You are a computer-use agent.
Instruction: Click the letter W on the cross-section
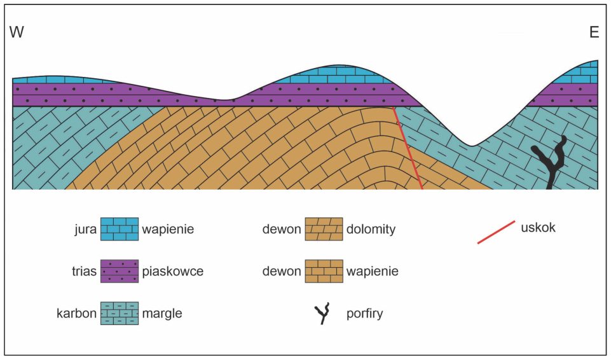(x=17, y=32)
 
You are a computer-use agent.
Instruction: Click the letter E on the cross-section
(x=594, y=32)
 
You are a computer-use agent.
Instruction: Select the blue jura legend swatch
(x=120, y=229)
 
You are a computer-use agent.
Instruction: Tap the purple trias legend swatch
(x=120, y=271)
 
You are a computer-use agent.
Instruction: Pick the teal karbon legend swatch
(x=120, y=313)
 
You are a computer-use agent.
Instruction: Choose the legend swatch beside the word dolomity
(x=324, y=229)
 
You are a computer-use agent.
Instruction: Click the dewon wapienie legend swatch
(x=324, y=271)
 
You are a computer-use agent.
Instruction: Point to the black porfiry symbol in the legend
(x=322, y=313)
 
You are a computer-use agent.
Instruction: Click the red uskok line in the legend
(x=496, y=232)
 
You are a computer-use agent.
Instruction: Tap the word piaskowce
(x=173, y=271)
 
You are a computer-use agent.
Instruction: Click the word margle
(x=161, y=313)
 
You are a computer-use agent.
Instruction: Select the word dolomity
(x=371, y=229)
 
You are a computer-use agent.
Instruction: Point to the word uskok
(x=538, y=228)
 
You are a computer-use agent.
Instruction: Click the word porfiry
(x=365, y=314)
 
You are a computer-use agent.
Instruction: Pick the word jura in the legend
(x=85, y=229)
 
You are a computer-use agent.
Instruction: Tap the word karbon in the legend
(x=76, y=313)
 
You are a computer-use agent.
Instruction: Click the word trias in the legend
(x=84, y=271)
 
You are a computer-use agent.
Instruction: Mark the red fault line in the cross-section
(x=408, y=148)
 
